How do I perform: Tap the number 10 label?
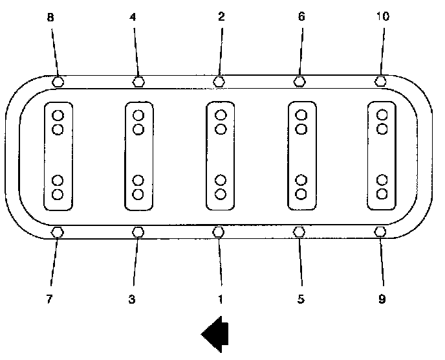[x=382, y=17]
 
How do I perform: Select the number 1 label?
[x=220, y=300]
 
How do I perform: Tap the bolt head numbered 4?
[x=138, y=82]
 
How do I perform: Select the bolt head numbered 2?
[x=219, y=82]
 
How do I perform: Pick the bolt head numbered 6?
[x=299, y=82]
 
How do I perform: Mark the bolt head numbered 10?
[x=380, y=82]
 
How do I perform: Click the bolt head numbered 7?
[x=57, y=232]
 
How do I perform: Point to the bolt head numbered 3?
[x=138, y=232]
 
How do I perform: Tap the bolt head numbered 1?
[x=219, y=232]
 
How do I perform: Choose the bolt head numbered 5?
[x=299, y=232]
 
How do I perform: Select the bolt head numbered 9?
[x=380, y=232]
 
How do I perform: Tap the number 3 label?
[x=132, y=300]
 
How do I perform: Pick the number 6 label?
[x=301, y=17]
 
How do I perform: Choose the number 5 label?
[x=301, y=300]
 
